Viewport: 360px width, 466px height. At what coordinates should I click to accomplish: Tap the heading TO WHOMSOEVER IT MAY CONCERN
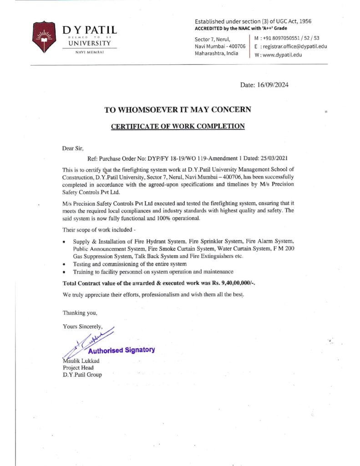click(x=177, y=110)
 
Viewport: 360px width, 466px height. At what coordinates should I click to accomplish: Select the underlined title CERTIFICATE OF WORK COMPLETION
click(x=178, y=126)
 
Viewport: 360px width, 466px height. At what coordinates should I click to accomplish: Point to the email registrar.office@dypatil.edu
click(x=294, y=46)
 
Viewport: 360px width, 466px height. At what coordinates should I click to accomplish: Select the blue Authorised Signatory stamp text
click(x=121, y=350)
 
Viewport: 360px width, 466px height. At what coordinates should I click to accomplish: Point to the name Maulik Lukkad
click(x=81, y=361)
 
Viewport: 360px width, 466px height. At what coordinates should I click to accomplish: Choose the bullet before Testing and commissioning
click(x=65, y=264)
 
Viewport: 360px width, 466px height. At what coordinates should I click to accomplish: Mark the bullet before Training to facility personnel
click(x=65, y=272)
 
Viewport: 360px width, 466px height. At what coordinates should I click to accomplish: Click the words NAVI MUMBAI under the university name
click(x=90, y=53)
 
